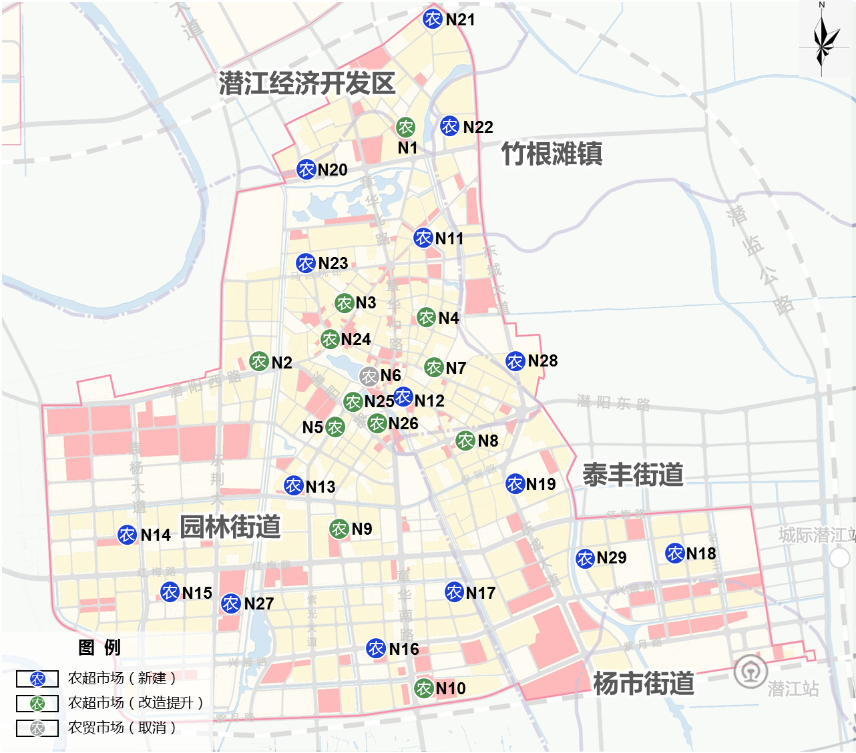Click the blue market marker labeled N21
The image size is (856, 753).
(433, 19)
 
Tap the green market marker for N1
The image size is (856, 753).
(405, 127)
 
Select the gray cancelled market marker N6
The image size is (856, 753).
(369, 376)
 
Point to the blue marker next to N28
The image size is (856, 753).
(515, 361)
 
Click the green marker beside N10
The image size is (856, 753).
(424, 688)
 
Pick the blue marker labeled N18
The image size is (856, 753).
(675, 553)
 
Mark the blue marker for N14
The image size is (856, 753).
(128, 535)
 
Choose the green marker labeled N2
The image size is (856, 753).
(259, 362)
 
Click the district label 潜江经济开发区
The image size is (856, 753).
(307, 83)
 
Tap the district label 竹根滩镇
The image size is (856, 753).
(552, 154)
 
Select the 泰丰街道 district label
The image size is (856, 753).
(633, 475)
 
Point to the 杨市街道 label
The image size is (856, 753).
(644, 684)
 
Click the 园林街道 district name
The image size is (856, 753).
(230, 527)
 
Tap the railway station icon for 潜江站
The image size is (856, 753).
(751, 672)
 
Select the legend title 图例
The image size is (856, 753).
(99, 648)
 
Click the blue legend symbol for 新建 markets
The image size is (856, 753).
(38, 679)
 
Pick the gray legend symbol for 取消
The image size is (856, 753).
(38, 728)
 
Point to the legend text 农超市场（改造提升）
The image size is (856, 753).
(135, 703)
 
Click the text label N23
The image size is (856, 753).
(333, 263)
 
